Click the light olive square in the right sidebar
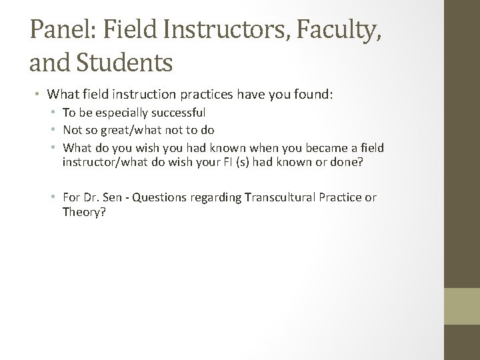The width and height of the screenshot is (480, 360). point(463,306)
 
